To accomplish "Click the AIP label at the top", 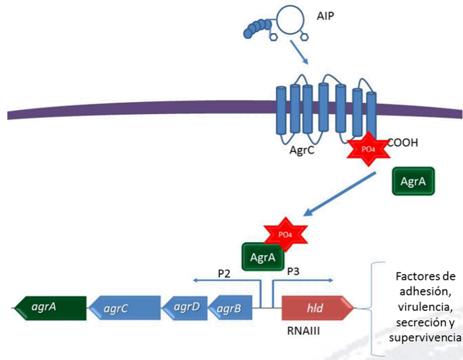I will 325,15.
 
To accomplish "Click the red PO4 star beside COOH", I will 369,149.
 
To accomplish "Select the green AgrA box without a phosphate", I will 413,182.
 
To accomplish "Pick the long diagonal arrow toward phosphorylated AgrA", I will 341,193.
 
